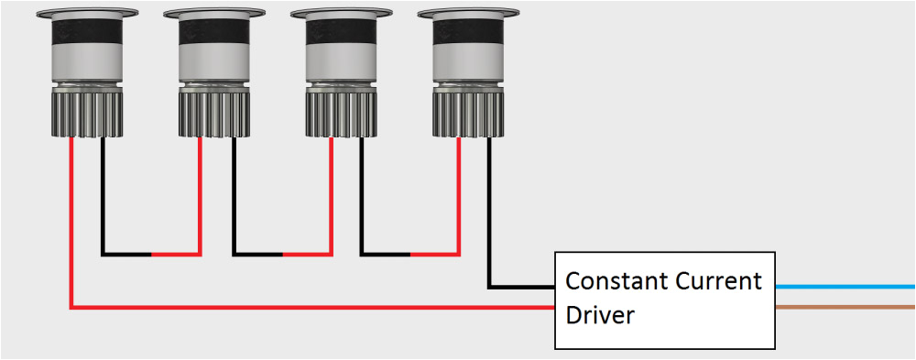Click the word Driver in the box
(600, 316)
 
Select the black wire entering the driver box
(522, 287)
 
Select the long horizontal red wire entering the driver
(311, 308)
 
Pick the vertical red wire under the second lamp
(200, 192)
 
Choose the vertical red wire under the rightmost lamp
(459, 192)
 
